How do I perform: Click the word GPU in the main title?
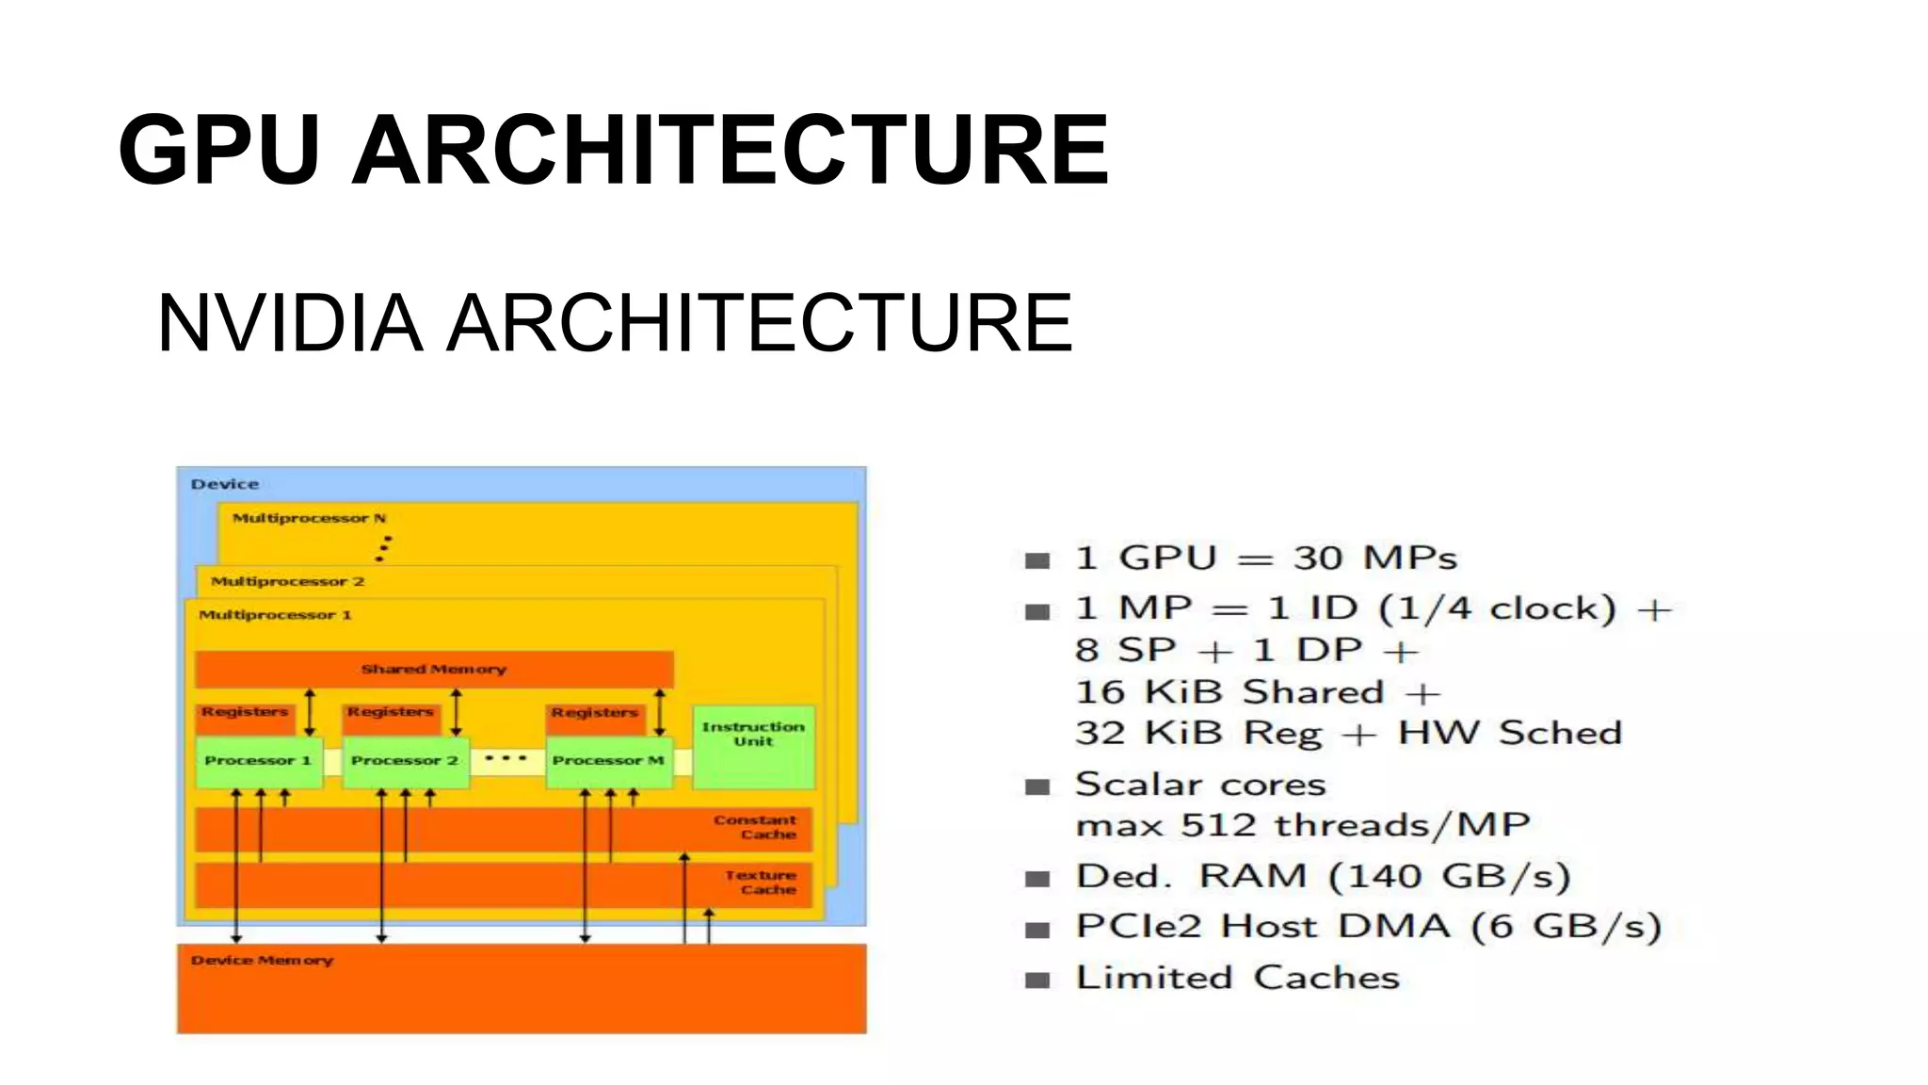coord(218,151)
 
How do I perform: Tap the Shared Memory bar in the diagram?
coord(434,670)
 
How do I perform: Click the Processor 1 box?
coord(258,761)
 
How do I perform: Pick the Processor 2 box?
coord(405,761)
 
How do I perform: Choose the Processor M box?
coord(608,761)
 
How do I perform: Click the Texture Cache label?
coord(761,883)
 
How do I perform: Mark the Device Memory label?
coord(262,961)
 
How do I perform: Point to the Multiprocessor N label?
coord(309,518)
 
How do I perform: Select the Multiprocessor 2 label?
coord(287,581)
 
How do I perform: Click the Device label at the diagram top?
coord(224,484)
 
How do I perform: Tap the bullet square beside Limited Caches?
coord(1037,980)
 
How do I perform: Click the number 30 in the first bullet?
coord(1318,558)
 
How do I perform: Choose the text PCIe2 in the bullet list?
coord(1139,927)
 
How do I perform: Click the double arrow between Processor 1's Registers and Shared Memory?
coord(310,713)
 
